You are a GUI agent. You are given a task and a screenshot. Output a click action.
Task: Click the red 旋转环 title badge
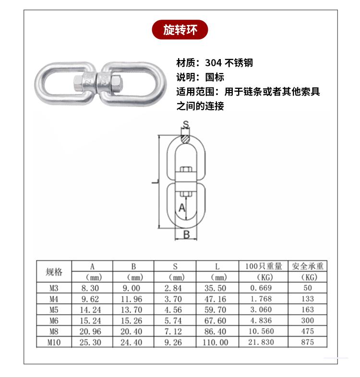(x=180, y=30)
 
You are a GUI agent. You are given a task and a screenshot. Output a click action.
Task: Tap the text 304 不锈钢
(x=229, y=63)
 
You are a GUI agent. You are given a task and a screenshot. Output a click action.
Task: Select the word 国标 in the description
(x=215, y=77)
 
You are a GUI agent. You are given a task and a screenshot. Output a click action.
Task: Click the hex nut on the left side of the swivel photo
(x=78, y=83)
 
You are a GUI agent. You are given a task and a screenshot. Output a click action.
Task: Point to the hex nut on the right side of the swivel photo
(x=116, y=84)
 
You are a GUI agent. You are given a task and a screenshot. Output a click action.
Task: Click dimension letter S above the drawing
(x=186, y=124)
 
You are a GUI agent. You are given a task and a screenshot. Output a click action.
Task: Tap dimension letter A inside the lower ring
(x=182, y=208)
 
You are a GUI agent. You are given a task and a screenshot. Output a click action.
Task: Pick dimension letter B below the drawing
(x=187, y=234)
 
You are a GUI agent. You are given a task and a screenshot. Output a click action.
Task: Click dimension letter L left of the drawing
(x=156, y=182)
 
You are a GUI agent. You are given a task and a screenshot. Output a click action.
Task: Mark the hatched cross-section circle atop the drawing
(x=186, y=139)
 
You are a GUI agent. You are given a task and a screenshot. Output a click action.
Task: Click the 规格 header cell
(x=54, y=272)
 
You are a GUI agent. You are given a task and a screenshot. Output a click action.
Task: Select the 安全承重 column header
(x=308, y=266)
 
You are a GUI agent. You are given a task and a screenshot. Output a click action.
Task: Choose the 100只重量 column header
(x=264, y=266)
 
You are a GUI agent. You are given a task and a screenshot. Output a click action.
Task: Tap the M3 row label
(x=54, y=288)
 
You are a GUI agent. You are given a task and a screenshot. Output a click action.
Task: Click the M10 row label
(x=54, y=342)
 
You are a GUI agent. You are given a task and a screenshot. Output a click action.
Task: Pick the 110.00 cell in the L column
(x=216, y=342)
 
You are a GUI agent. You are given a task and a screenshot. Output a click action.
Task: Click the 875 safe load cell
(x=308, y=342)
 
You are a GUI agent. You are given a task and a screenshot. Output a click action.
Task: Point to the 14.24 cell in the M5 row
(x=90, y=310)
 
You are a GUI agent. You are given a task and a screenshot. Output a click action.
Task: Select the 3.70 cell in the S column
(x=173, y=299)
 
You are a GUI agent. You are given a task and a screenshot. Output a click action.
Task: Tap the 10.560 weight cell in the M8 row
(x=261, y=331)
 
